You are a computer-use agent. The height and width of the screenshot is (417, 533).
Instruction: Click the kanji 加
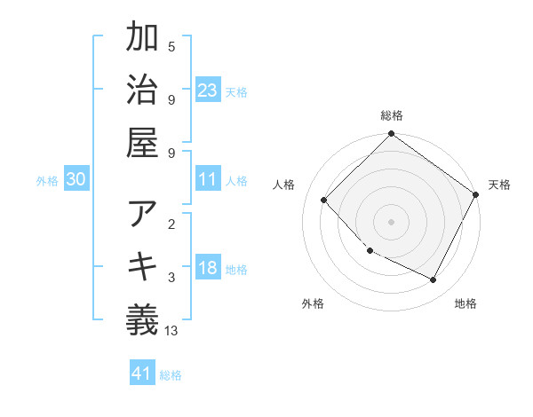pos(142,41)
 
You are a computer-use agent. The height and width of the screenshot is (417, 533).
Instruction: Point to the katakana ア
pos(142,215)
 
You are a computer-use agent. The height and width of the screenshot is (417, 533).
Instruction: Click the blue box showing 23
pos(208,90)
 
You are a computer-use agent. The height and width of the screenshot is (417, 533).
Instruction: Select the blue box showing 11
pos(208,179)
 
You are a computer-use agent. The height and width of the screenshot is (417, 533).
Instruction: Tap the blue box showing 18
pos(208,268)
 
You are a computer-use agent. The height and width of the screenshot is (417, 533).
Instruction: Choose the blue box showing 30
pos(76,179)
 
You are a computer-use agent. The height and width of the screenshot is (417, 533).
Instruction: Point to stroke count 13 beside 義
pos(171,331)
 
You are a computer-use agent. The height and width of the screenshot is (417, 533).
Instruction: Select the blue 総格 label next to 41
pos(171,375)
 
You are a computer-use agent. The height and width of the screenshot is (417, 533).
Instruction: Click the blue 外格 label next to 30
pos(47,180)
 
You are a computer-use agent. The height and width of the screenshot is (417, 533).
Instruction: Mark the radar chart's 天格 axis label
pos(499,185)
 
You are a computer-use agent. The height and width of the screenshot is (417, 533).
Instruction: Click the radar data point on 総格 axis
pos(391,135)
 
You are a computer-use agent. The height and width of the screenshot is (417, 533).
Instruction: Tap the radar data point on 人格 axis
pos(324,200)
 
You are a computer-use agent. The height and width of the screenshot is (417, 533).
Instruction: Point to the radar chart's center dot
pos(391,221)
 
